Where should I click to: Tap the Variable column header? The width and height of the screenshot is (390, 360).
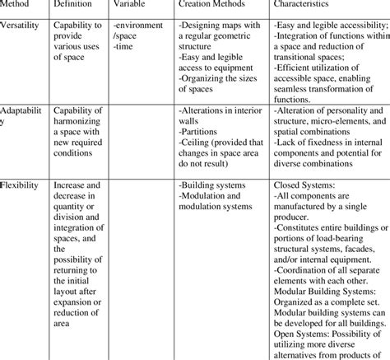tap(132, 6)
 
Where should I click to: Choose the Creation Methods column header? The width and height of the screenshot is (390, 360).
tap(218, 6)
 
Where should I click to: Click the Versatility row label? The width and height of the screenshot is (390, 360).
tap(21, 26)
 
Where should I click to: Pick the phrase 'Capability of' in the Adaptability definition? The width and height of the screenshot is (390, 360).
tap(81, 109)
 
